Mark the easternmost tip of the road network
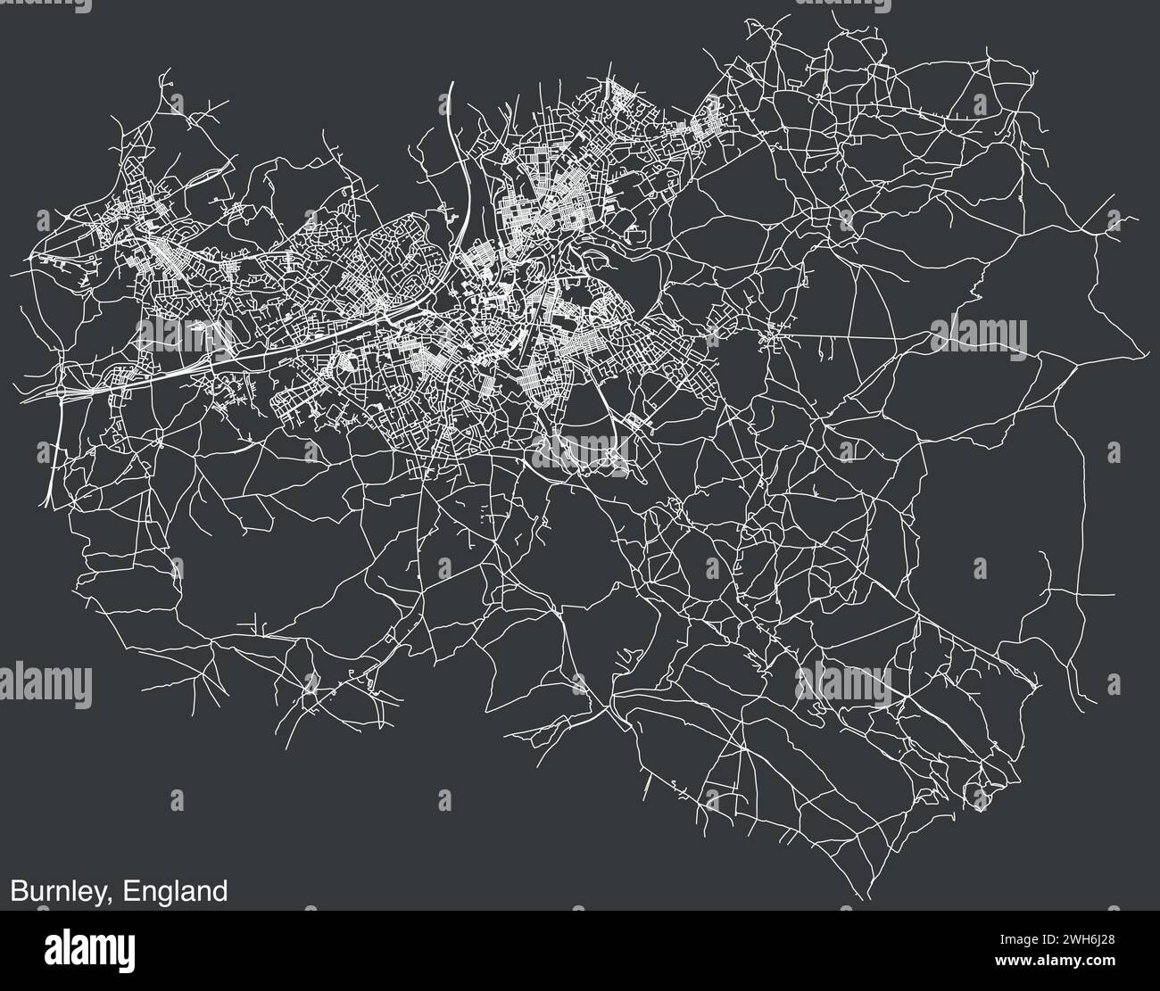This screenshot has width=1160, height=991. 1147,354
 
